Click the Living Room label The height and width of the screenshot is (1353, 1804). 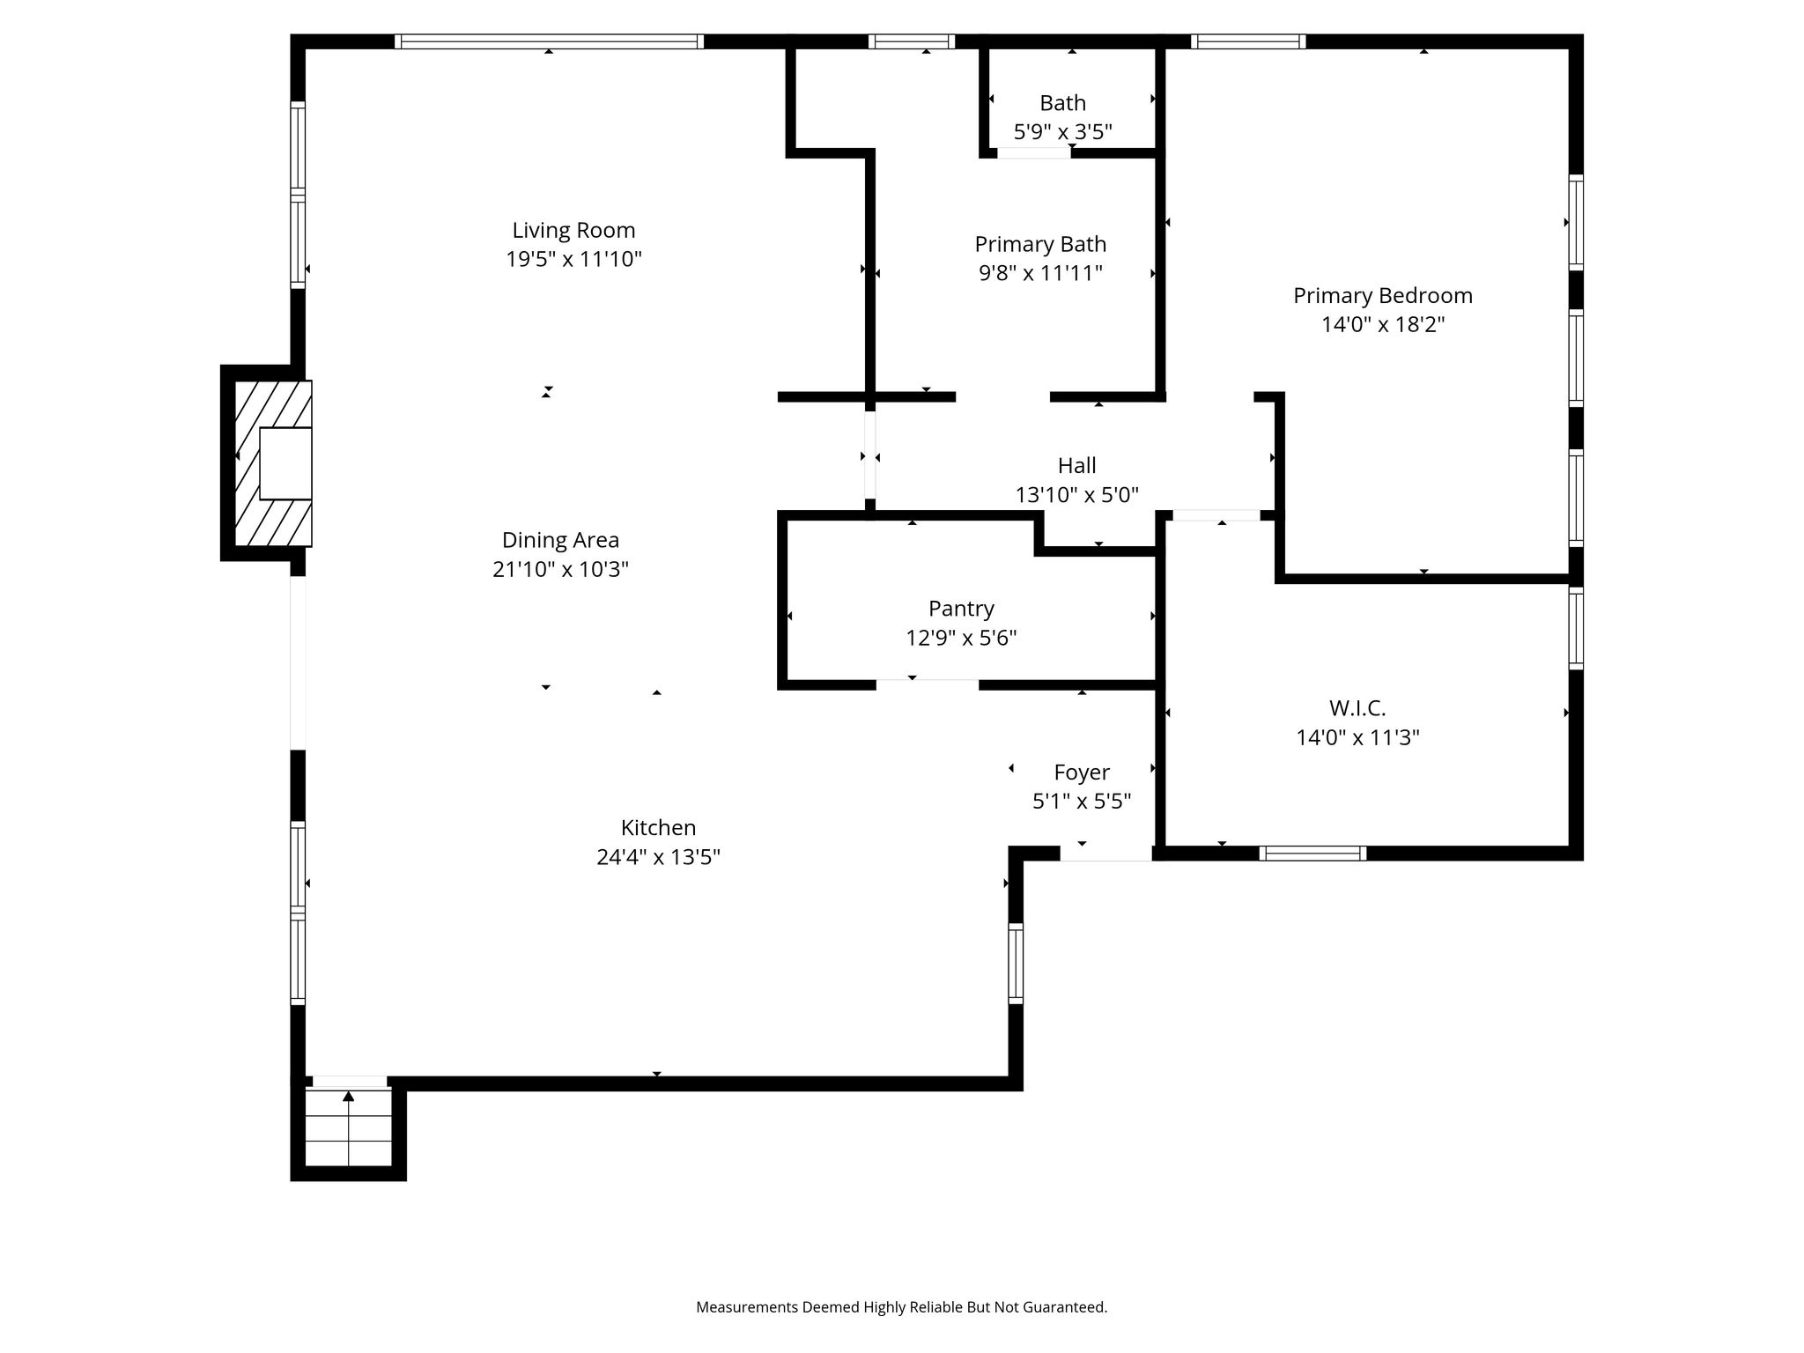(573, 231)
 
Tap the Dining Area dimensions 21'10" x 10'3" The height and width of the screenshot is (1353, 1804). (560, 569)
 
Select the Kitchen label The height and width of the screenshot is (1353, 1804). (658, 828)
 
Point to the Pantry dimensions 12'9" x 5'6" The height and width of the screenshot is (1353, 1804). (961, 638)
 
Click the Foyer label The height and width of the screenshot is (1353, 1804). (1082, 773)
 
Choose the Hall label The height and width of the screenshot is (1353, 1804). (1076, 465)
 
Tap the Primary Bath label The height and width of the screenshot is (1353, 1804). (1040, 244)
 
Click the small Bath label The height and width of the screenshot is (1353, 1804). (1062, 103)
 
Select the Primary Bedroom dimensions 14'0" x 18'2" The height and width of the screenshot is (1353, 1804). (1383, 325)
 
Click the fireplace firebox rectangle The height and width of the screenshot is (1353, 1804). (285, 463)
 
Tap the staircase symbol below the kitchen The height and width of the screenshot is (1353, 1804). (349, 1127)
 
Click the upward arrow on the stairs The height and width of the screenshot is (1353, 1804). (349, 1096)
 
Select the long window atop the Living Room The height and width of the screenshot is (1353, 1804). (549, 41)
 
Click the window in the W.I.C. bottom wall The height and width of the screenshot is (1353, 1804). (1312, 853)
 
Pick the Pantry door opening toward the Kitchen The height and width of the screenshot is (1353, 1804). (927, 683)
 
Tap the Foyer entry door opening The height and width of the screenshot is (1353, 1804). (1105, 854)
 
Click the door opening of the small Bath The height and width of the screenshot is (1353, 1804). (1034, 152)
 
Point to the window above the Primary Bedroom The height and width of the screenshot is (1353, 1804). (1248, 41)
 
